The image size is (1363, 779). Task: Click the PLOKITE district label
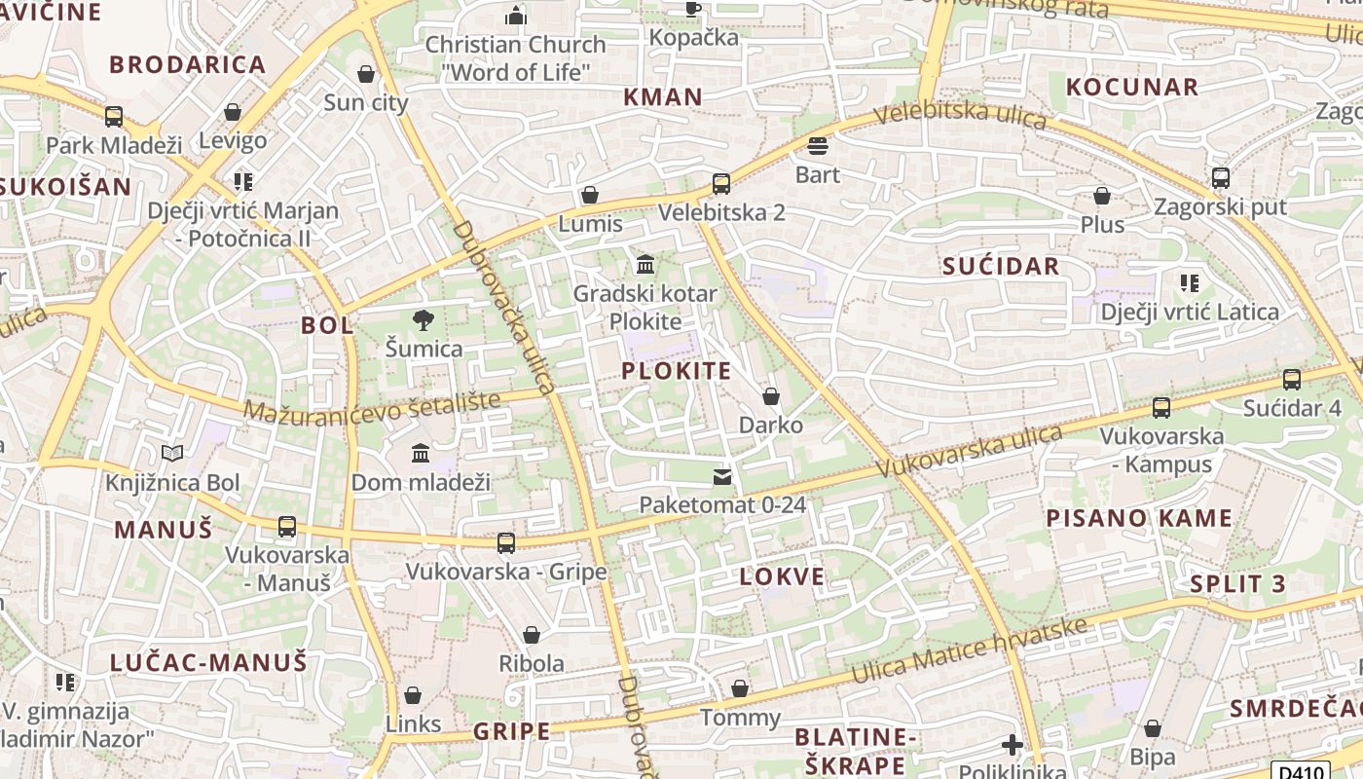pos(677,371)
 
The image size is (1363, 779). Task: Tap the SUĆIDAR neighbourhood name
pos(1001,267)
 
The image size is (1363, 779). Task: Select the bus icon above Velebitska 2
pos(721,184)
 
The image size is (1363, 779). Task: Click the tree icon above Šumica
pos(424,319)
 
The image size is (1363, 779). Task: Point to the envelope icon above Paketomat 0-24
pos(722,476)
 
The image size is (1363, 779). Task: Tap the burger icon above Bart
pos(818,146)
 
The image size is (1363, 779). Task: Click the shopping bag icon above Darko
pos(771,396)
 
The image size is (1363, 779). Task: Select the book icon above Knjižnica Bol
pos(172,453)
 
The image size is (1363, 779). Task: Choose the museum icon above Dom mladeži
pos(421,453)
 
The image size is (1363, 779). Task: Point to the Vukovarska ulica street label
pos(969,450)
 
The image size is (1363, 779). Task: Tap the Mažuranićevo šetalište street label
pos(372,406)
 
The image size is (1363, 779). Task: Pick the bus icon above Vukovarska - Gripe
pos(506,543)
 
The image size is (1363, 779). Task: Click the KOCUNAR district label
pos(1132,87)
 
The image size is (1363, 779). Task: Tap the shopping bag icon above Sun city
pos(366,74)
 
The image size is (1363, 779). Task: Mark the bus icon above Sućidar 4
pos(1292,380)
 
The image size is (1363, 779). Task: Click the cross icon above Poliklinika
pos(1013,746)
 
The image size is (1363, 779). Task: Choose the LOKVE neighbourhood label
pos(782,576)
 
